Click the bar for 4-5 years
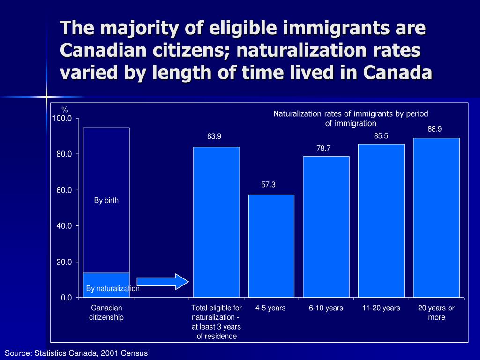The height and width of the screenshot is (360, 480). (x=271, y=246)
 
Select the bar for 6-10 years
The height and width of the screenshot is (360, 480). (x=326, y=227)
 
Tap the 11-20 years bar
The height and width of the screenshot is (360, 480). (x=381, y=220)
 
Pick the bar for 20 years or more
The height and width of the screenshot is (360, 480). (x=436, y=217)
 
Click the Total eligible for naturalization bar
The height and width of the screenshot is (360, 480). (x=216, y=222)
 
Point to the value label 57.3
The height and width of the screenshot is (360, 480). (x=268, y=185)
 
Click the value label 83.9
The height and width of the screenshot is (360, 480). (x=214, y=136)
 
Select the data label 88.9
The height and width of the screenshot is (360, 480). (x=435, y=129)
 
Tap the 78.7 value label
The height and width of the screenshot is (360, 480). (x=323, y=148)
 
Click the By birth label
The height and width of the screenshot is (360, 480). (x=106, y=200)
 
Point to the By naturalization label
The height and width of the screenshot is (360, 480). (x=112, y=288)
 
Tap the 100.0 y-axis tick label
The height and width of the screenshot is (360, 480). (x=62, y=118)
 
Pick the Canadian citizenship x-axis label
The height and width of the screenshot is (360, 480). (x=106, y=313)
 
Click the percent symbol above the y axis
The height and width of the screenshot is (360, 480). (x=65, y=110)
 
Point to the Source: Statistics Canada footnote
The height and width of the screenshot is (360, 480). (x=76, y=353)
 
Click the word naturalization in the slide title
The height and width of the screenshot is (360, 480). (x=293, y=50)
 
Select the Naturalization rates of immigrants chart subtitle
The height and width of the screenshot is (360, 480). (x=351, y=118)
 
